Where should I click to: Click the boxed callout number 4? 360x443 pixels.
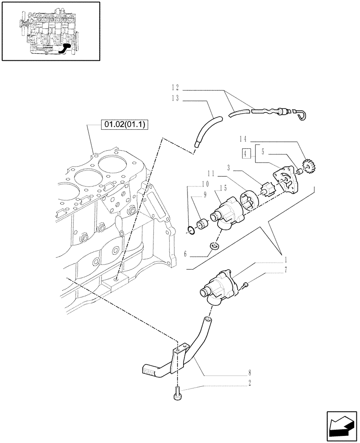(x=247, y=154)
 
